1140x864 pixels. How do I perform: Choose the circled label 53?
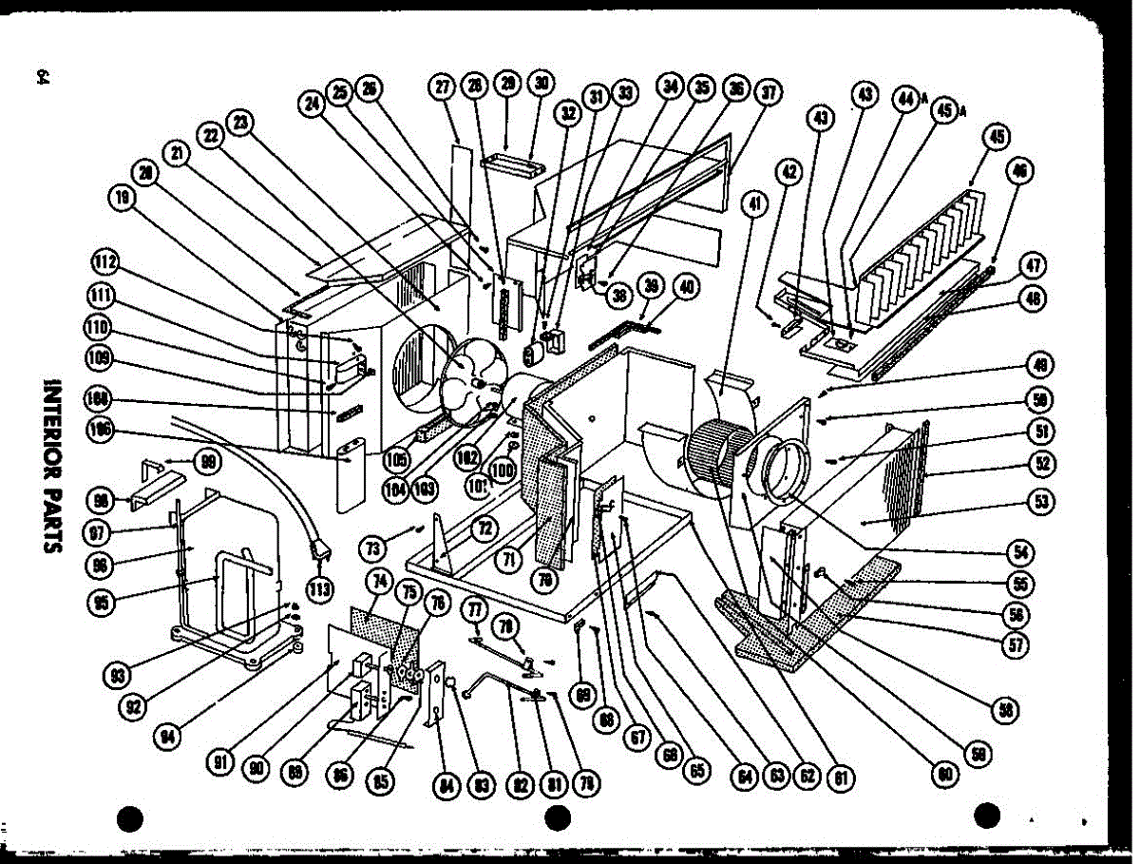click(x=1042, y=501)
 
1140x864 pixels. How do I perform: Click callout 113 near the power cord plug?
click(x=319, y=589)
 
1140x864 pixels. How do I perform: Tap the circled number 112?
click(x=106, y=262)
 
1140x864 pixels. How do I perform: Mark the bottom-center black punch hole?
click(x=558, y=816)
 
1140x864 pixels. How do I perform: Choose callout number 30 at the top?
click(x=541, y=84)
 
